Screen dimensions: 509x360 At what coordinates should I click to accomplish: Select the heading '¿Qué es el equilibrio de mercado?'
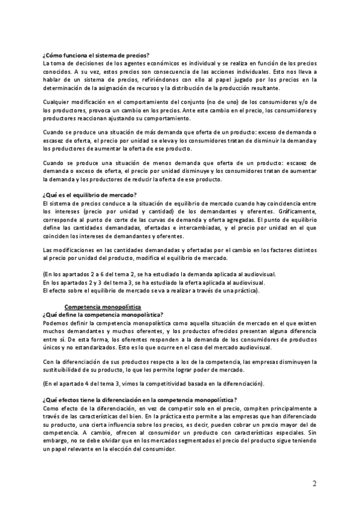(90, 194)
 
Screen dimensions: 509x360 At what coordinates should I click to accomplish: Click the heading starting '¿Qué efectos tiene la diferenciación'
(140, 400)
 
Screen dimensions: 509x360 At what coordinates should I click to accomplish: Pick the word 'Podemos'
(55, 322)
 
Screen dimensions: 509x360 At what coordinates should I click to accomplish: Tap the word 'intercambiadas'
(193, 228)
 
